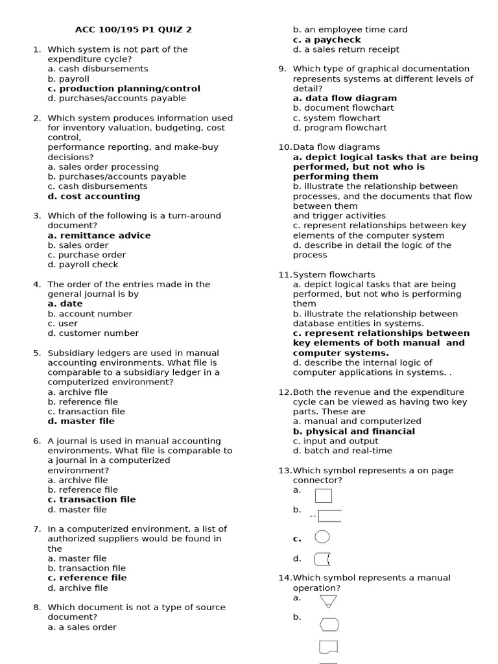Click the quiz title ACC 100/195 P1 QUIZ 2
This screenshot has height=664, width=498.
[x=134, y=29]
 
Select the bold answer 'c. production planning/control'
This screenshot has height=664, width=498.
[x=124, y=88]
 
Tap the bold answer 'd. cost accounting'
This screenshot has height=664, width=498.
[x=93, y=196]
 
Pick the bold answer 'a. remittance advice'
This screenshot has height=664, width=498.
[x=99, y=235]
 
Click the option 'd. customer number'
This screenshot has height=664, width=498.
[x=93, y=333]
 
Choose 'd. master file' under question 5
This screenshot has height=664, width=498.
[x=81, y=421]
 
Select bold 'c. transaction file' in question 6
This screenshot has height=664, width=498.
[x=91, y=499]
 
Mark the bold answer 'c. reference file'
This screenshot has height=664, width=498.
[x=87, y=577]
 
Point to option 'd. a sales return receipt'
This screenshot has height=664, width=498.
[x=346, y=49]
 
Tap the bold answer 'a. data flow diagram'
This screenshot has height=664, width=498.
[x=344, y=98]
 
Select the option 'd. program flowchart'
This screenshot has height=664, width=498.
[x=340, y=128]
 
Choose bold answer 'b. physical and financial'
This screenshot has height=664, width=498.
[x=354, y=431]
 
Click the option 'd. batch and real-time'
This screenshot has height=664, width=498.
[x=342, y=451]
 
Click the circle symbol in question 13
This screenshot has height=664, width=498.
[x=322, y=537]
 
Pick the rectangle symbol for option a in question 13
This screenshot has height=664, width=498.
[x=324, y=496]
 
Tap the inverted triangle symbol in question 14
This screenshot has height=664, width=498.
[x=329, y=601]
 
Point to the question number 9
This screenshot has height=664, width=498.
[x=283, y=69]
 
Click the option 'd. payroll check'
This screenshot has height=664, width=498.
[x=83, y=265]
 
